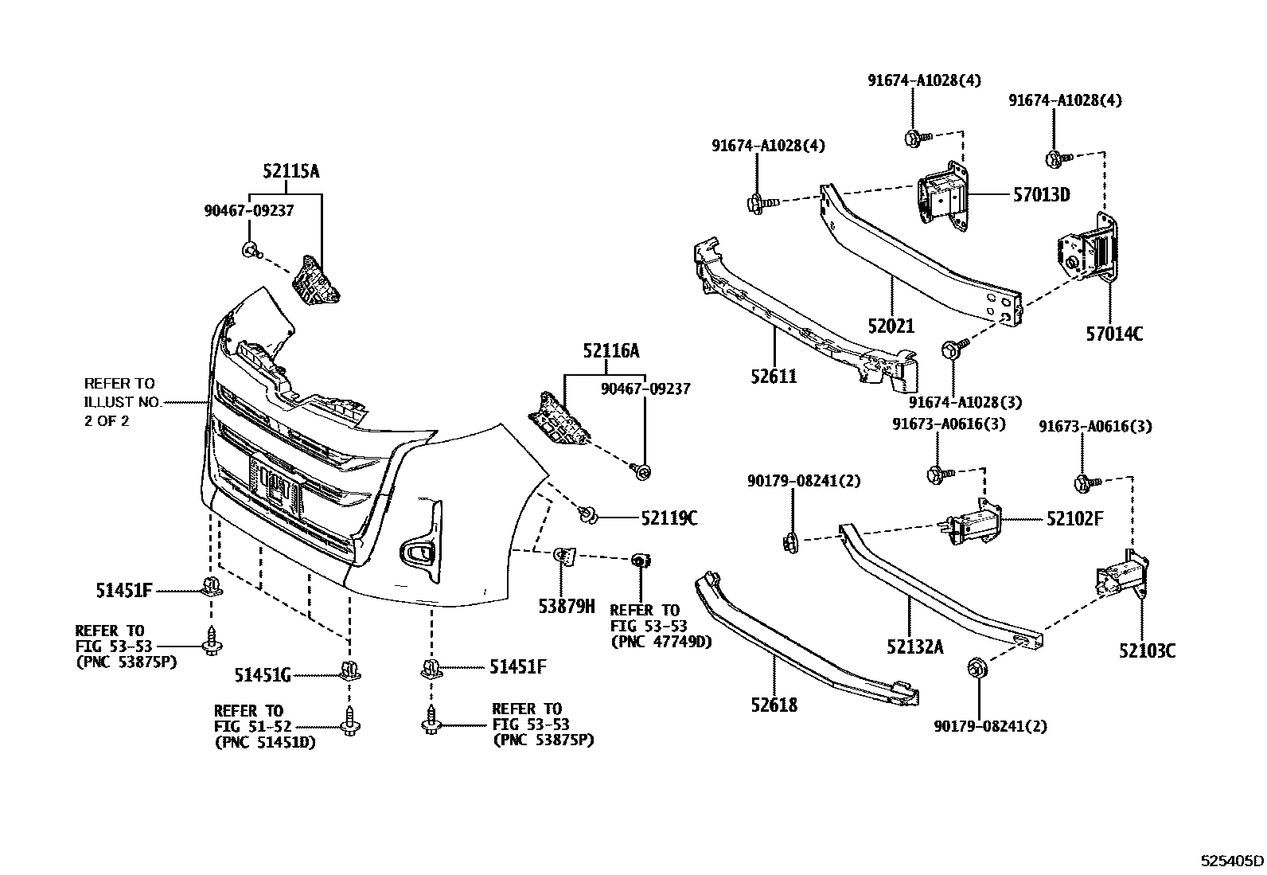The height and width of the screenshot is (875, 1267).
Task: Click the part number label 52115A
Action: tap(291, 171)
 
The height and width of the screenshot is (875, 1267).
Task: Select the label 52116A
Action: tap(610, 351)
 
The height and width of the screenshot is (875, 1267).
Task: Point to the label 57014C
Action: tap(1114, 334)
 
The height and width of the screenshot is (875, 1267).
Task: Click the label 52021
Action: tap(891, 326)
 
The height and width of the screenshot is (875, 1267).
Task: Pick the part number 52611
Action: tap(773, 376)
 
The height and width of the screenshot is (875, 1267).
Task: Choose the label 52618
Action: tap(773, 705)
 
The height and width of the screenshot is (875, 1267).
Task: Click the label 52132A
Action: tap(914, 646)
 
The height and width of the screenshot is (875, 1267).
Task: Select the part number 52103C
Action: tap(1147, 650)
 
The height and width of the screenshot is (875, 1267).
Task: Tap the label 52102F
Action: tap(1074, 519)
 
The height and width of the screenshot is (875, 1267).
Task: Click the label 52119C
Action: tap(669, 518)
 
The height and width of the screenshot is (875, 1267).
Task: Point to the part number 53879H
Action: tap(566, 607)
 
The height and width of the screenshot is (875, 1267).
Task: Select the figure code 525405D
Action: tap(1232, 861)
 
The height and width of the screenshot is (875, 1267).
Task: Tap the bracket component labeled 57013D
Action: tap(942, 196)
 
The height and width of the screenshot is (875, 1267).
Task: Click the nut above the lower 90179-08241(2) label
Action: tap(974, 668)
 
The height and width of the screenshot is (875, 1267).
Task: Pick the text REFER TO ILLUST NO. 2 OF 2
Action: tap(121, 402)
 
